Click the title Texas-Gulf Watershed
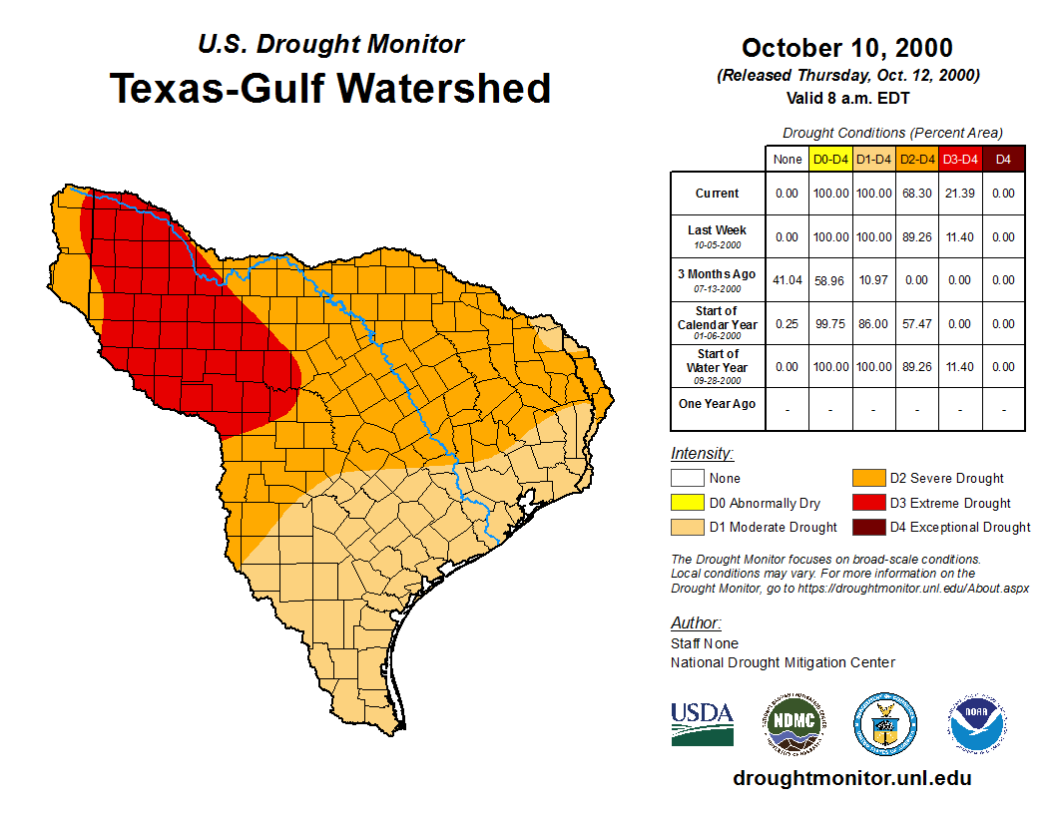click(x=329, y=88)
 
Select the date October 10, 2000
click(x=847, y=48)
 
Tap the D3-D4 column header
click(x=960, y=159)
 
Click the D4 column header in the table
click(x=1003, y=159)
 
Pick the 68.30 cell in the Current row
click(x=916, y=194)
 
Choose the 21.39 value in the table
click(x=960, y=194)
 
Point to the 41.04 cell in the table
click(x=788, y=281)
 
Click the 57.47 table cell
click(x=916, y=324)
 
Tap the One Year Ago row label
click(x=717, y=404)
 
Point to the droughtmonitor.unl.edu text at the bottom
click(x=851, y=778)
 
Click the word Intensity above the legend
click(x=702, y=454)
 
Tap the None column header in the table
click(x=788, y=159)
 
